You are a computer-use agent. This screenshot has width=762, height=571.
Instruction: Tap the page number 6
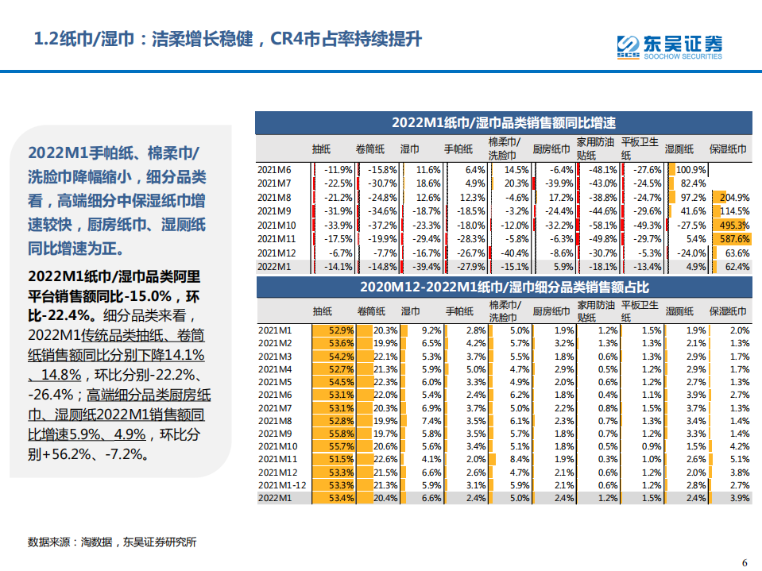click(745, 562)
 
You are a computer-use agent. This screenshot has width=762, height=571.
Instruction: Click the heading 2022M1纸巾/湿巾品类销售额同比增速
click(503, 123)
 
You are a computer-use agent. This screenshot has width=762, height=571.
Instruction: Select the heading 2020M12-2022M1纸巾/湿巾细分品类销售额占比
click(503, 287)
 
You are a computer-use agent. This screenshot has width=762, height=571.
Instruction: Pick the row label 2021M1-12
click(282, 484)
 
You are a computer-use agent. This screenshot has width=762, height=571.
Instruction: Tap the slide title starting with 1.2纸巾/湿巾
click(227, 39)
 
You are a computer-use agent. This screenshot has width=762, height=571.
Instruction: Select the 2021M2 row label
click(275, 343)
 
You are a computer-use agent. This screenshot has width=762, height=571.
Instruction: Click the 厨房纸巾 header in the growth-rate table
click(551, 149)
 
